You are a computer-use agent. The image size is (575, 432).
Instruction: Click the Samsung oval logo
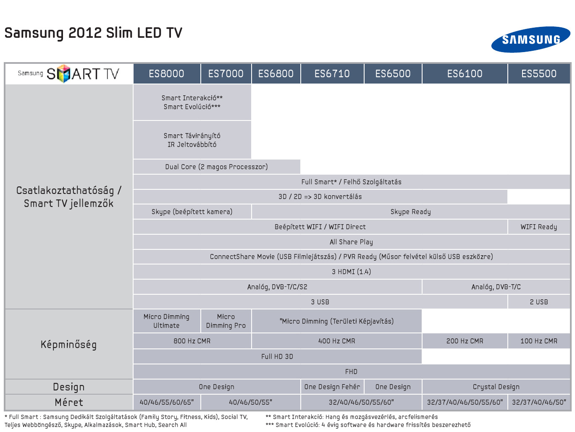pyautogui.click(x=530, y=39)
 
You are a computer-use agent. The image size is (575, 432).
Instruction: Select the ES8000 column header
pyautogui.click(x=167, y=73)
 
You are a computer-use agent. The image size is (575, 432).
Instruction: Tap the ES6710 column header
pyautogui.click(x=332, y=73)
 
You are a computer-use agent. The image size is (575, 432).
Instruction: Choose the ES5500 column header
pyautogui.click(x=539, y=73)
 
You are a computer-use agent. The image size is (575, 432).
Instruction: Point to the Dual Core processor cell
pyautogui.click(x=217, y=167)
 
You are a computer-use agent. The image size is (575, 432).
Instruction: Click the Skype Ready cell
pyautogui.click(x=411, y=212)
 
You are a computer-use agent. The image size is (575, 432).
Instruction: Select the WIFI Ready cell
pyautogui.click(x=539, y=227)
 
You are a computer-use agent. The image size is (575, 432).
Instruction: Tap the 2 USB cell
pyautogui.click(x=539, y=302)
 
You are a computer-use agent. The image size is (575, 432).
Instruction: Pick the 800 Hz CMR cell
pyautogui.click(x=192, y=341)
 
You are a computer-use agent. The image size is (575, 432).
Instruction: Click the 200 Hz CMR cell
pyautogui.click(x=465, y=341)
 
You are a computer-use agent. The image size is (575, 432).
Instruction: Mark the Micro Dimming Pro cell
pyautogui.click(x=226, y=321)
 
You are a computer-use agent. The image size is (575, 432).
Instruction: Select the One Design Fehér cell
pyautogui.click(x=332, y=387)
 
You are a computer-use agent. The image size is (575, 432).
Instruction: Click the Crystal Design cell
pyautogui.click(x=496, y=387)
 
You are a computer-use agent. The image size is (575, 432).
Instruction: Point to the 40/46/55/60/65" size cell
pyautogui.click(x=167, y=402)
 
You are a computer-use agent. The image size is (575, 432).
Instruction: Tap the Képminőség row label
pyautogui.click(x=68, y=345)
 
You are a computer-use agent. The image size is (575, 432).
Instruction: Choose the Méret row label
pyautogui.click(x=69, y=402)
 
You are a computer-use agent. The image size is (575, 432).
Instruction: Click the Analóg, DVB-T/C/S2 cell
pyautogui.click(x=277, y=287)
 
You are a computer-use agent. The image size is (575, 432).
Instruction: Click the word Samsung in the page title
pyautogui.click(x=34, y=34)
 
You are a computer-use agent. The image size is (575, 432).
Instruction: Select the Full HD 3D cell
pyautogui.click(x=277, y=356)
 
